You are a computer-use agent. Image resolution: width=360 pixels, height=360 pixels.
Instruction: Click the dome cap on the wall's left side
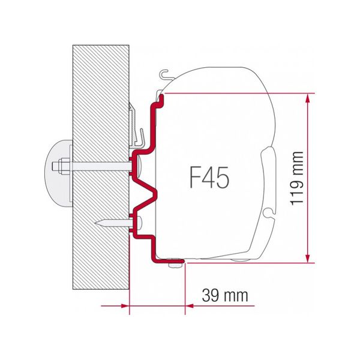point(56,166)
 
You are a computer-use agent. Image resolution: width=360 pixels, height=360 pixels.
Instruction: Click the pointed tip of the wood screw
point(95,222)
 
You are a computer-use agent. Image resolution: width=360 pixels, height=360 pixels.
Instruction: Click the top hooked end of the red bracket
point(160,97)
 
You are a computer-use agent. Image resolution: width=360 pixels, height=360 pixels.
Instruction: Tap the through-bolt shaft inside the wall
point(99,166)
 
